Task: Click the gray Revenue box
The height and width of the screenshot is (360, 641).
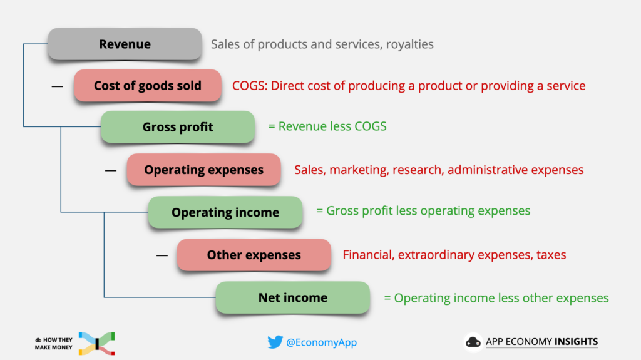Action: [125, 44]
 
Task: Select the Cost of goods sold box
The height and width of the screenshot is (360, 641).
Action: [148, 86]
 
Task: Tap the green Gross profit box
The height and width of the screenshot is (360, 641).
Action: [178, 127]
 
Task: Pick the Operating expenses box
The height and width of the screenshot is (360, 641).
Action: [203, 170]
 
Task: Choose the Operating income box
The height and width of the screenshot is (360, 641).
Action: [225, 212]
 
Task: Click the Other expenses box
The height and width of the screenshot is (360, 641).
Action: [254, 255]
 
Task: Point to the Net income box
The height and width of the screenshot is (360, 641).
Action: [293, 297]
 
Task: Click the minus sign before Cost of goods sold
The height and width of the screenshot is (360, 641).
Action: [57, 86]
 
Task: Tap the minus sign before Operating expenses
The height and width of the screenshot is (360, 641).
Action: [111, 170]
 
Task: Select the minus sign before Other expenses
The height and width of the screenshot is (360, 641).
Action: [162, 255]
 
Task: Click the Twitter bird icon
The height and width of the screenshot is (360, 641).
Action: [275, 342]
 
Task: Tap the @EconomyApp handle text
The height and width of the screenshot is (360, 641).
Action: [321, 342]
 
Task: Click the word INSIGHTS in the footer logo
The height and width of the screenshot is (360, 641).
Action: [576, 342]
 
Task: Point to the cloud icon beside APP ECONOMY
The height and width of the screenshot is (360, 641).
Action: [473, 342]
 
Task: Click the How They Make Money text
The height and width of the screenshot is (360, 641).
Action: [54, 344]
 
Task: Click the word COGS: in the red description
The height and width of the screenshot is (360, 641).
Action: [250, 86]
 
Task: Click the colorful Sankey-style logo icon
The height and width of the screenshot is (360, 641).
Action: [97, 344]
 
